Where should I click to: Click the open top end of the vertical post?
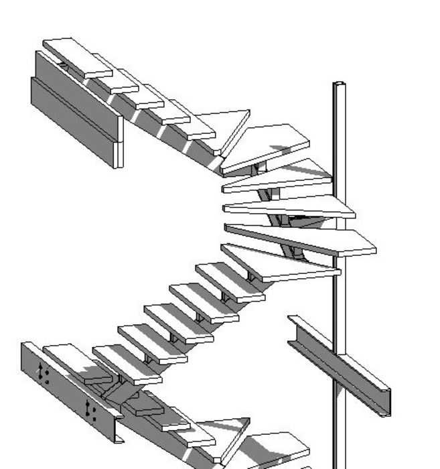[340, 84]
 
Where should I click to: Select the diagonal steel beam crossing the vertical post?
[338, 365]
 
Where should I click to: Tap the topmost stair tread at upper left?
[77, 56]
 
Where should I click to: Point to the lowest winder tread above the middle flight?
[281, 264]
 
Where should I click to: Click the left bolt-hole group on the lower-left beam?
[44, 374]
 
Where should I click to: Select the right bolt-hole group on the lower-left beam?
[92, 410]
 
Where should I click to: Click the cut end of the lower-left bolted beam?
[119, 429]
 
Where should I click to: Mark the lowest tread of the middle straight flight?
[74, 359]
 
